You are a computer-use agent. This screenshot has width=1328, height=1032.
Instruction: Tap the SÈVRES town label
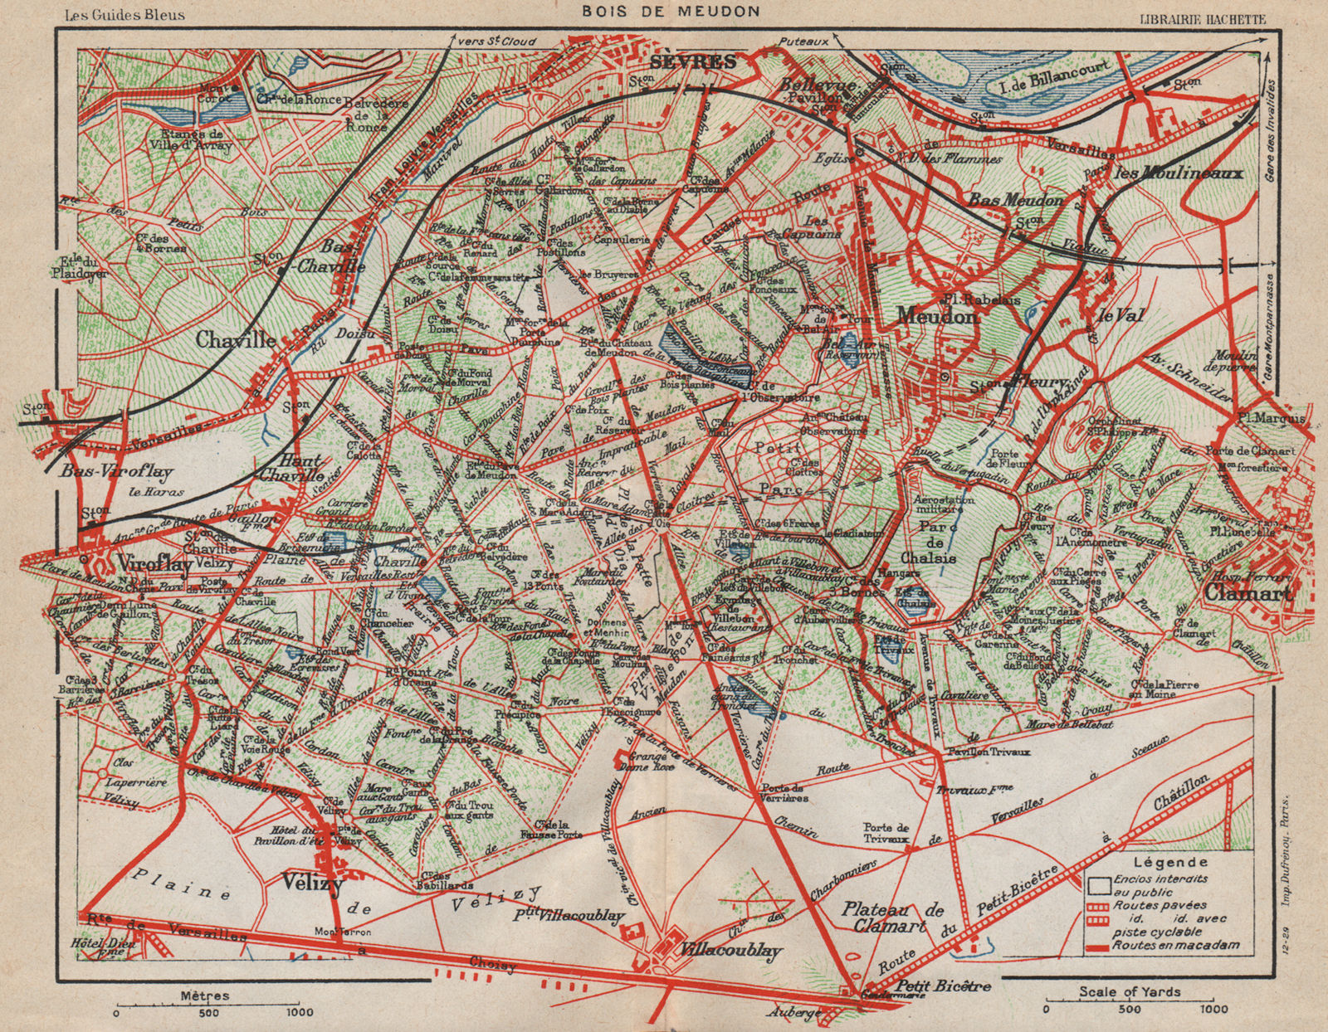click(x=694, y=61)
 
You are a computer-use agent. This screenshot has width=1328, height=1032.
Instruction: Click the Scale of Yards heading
click(x=1130, y=991)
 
